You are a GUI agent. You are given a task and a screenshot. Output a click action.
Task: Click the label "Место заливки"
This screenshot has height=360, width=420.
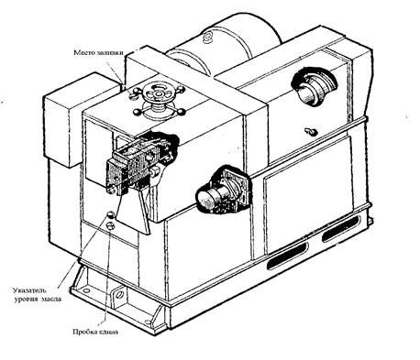pyautogui.click(x=98, y=52)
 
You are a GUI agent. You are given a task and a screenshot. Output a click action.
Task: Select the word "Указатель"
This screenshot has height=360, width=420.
pyautogui.click(x=30, y=289)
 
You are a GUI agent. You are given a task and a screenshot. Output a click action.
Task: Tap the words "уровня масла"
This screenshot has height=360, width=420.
pyautogui.click(x=38, y=299)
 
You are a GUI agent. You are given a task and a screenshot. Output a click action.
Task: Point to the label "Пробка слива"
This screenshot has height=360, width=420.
pyautogui.click(x=95, y=332)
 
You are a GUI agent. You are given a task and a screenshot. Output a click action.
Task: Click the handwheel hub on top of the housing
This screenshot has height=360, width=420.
pyautogui.click(x=159, y=92)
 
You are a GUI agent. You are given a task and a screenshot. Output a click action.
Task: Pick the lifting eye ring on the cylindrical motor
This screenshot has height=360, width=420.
pyautogui.click(x=207, y=36)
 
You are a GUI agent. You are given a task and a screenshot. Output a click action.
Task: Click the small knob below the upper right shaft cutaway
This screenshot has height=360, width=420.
pyautogui.click(x=311, y=132)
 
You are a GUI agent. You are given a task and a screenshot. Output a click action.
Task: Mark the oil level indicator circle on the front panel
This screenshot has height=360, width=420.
pyautogui.click(x=111, y=215)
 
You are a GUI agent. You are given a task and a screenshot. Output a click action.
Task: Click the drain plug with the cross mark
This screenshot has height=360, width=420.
pyautogui.click(x=110, y=225)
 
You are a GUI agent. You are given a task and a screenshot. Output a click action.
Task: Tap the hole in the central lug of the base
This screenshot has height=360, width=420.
pyautogui.click(x=120, y=294)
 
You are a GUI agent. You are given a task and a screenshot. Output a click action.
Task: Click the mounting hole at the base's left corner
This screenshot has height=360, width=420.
pyautogui.click(x=86, y=290)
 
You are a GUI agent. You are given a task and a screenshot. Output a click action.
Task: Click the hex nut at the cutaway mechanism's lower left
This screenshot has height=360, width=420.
pyautogui.click(x=111, y=190)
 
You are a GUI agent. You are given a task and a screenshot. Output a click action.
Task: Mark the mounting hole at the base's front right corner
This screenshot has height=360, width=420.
pyautogui.click(x=148, y=322)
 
